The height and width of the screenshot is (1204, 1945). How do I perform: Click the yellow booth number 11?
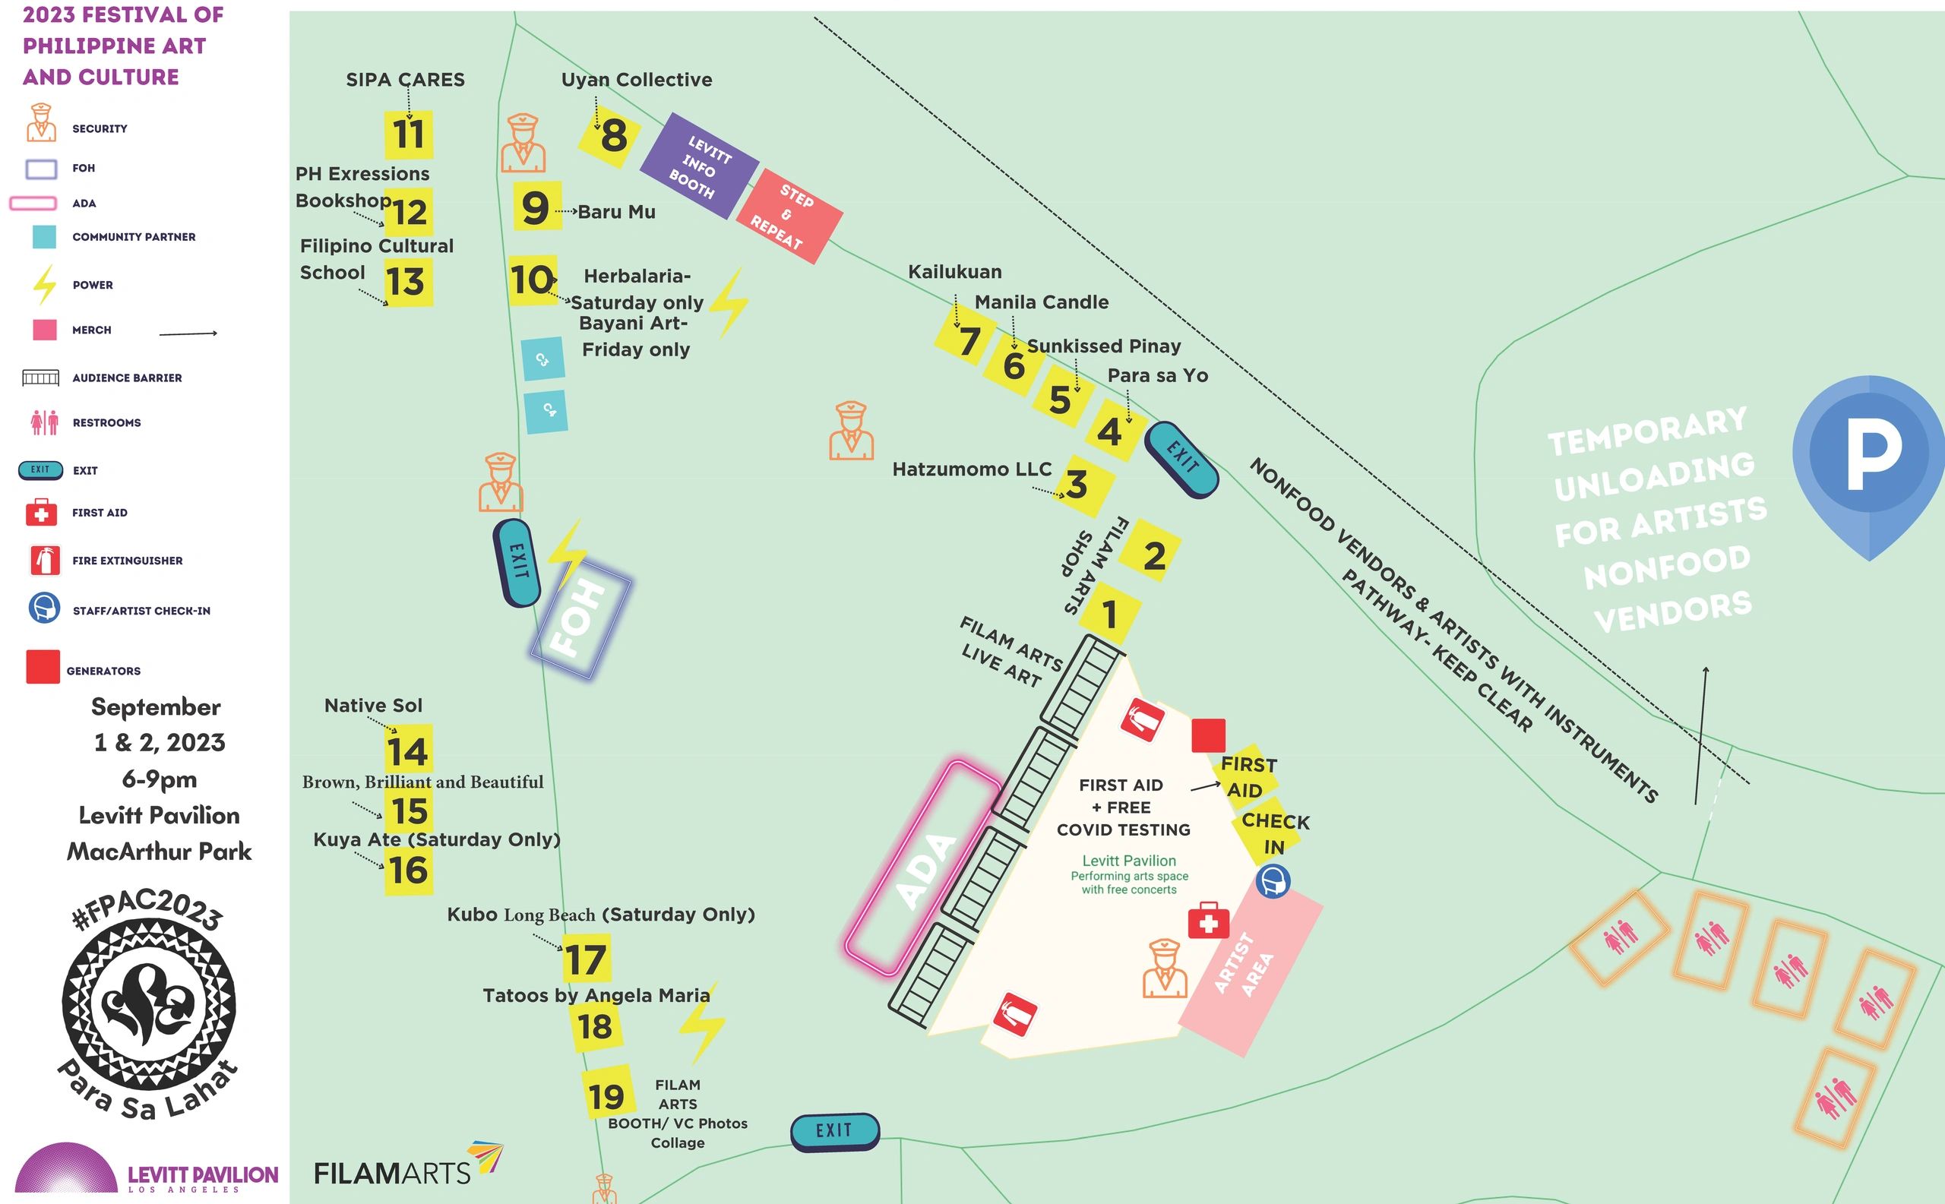coord(409,134)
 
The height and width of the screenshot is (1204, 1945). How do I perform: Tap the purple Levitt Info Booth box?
coord(698,166)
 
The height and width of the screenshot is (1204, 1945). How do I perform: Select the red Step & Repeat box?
coord(789,216)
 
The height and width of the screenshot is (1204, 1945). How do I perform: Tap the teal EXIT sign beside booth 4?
coord(1181,460)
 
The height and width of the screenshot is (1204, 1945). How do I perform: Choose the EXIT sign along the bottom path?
coord(835,1131)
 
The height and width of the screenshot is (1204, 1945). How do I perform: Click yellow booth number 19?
coord(607,1096)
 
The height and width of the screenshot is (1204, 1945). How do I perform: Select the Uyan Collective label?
coord(637,80)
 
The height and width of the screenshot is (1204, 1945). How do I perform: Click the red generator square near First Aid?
coord(1208,735)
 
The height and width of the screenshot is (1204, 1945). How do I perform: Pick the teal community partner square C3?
coord(542,359)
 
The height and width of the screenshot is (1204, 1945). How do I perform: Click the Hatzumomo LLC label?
coord(972,469)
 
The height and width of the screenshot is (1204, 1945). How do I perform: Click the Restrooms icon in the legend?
coord(45,422)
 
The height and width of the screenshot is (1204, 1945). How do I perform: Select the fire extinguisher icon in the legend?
coord(44,560)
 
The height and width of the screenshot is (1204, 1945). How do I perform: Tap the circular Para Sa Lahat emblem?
coord(149,1005)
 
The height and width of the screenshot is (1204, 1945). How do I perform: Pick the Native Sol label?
coord(373,706)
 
